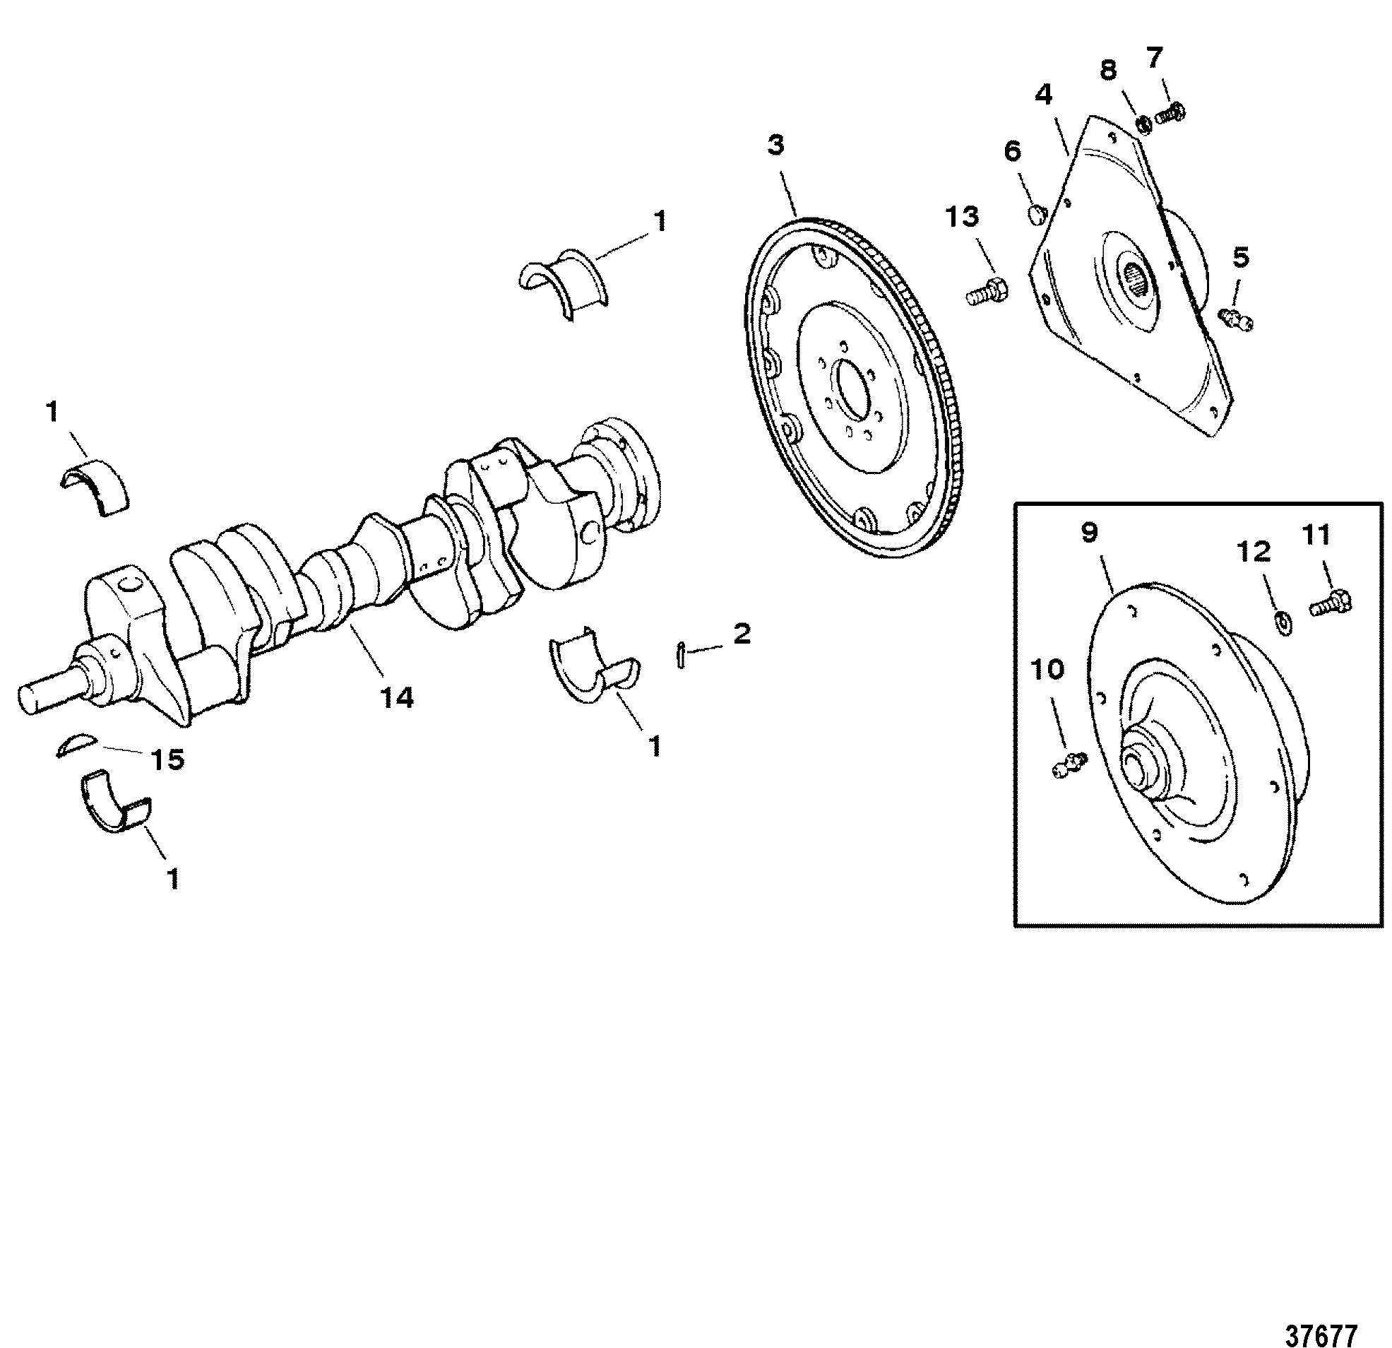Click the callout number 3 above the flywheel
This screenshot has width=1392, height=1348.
(775, 146)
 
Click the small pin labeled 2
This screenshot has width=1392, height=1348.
(680, 654)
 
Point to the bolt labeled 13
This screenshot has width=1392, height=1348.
(987, 292)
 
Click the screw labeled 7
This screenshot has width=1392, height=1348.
(1171, 113)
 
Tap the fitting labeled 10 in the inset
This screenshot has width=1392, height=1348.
(1066, 766)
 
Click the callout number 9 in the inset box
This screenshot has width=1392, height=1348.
(1090, 533)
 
